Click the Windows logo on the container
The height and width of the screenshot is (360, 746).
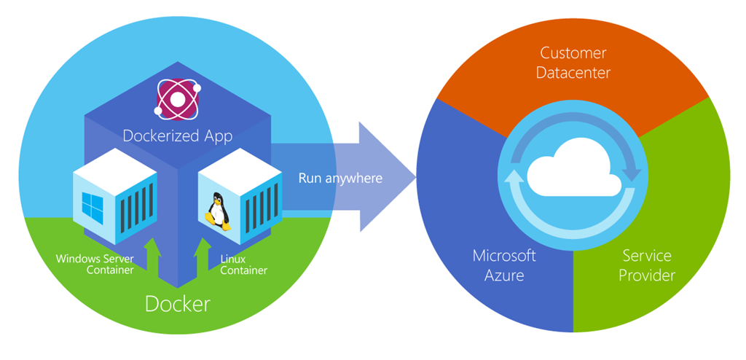coord(93,208)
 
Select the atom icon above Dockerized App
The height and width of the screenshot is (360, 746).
coord(178,100)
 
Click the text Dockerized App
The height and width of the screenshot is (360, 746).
coord(178,136)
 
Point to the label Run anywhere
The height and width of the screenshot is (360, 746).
coord(340,178)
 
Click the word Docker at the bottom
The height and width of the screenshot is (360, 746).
coord(178,303)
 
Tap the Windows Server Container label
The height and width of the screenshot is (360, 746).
coord(95,265)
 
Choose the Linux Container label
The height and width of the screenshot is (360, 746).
coord(243,265)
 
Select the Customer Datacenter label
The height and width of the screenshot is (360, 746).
coord(574,63)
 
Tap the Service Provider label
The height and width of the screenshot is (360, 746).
coord(648,265)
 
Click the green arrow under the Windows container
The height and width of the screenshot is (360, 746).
coord(152,257)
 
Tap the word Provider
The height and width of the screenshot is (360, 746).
coord(648,275)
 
